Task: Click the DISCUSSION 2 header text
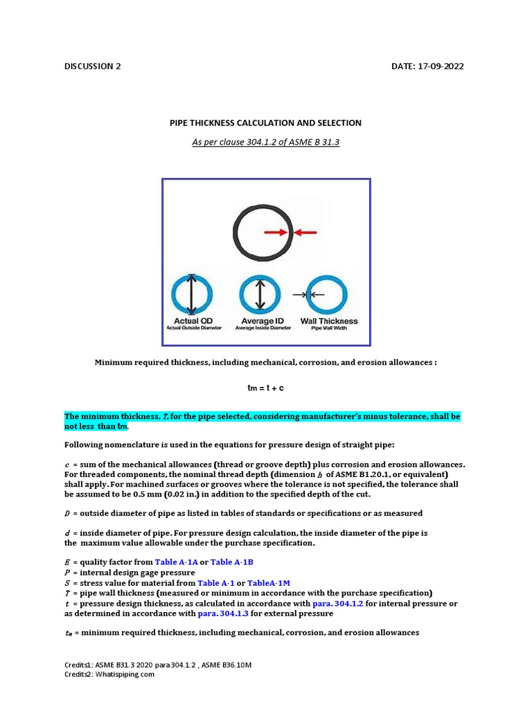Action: coord(92,66)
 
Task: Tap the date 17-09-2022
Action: coord(438,66)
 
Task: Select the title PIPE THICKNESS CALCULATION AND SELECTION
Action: coord(265,123)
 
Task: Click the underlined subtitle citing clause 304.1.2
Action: coord(265,142)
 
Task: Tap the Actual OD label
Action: coord(193,321)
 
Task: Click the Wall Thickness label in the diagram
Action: coord(328,321)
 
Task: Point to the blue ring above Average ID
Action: coord(259,295)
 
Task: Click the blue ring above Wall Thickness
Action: coord(327,295)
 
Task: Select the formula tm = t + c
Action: coord(265,388)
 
